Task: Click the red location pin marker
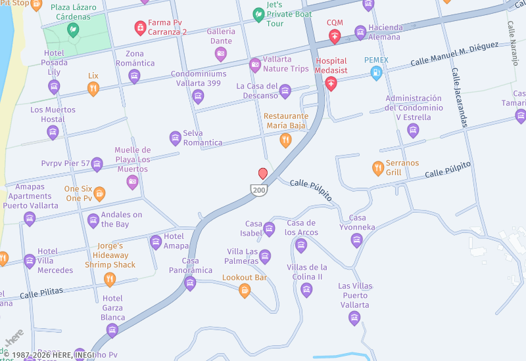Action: [x=263, y=173]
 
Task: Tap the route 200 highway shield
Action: [x=258, y=190]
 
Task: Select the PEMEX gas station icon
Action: [x=376, y=73]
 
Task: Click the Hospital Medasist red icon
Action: [x=331, y=83]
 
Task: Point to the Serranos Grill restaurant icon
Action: [x=378, y=168]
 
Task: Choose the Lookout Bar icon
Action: [x=245, y=290]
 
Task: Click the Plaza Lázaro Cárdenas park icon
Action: [x=73, y=30]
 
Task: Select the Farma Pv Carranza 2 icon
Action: [x=140, y=27]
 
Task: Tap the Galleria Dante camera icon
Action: [x=221, y=54]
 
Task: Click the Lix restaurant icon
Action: [x=93, y=89]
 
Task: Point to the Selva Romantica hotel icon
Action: [x=176, y=138]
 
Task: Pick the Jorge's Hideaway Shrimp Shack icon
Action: [x=110, y=279]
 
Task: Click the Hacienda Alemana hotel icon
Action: [x=360, y=32]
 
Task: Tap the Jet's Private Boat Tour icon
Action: [x=259, y=14]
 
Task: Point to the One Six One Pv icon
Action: [x=99, y=193]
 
